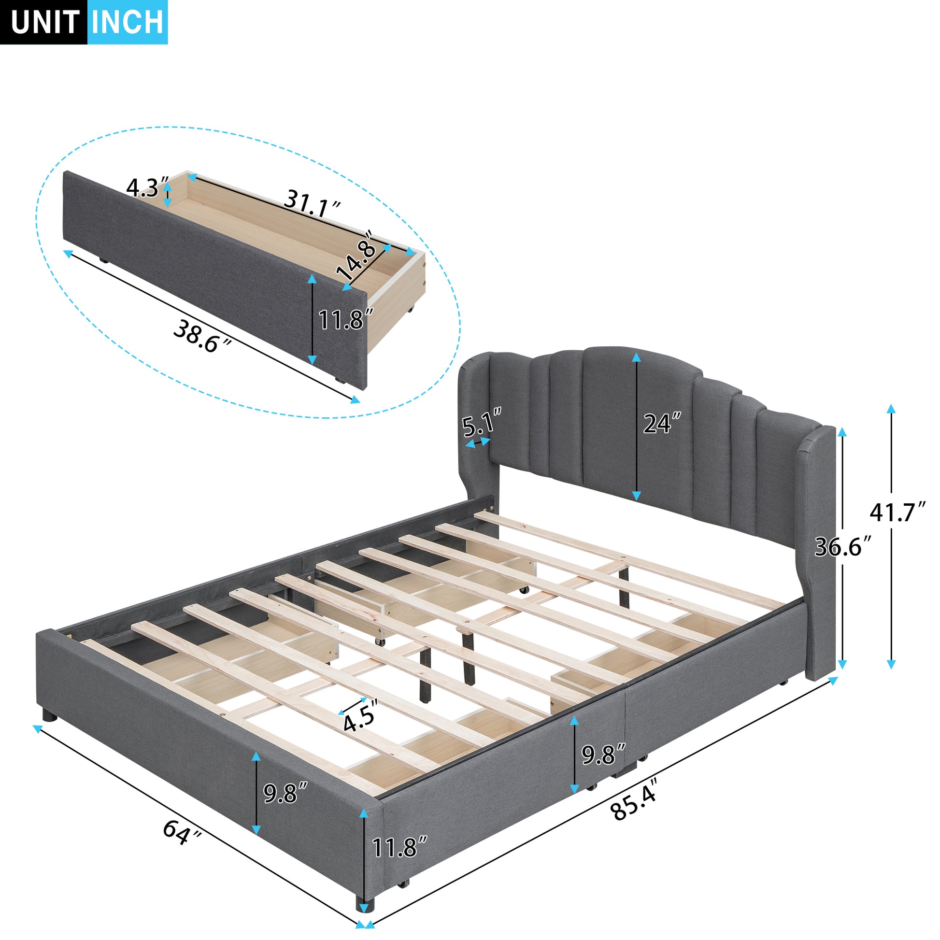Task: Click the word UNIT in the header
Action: coord(45,22)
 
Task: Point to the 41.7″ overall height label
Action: coord(897,512)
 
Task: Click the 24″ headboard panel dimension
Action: coord(662,423)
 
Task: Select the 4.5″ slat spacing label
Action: coord(360,721)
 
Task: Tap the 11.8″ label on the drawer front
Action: coord(345,319)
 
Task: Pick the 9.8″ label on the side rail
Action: coord(603,754)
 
